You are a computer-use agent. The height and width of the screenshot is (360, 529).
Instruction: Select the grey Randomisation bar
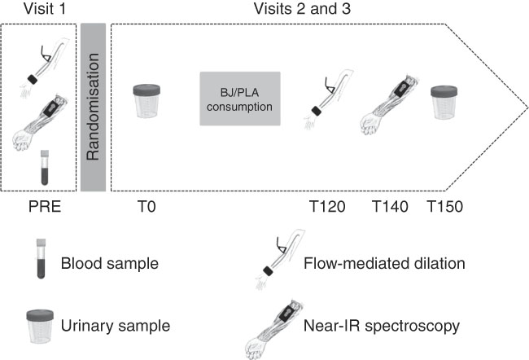(93, 107)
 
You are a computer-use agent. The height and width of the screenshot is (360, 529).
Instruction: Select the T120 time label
(326, 207)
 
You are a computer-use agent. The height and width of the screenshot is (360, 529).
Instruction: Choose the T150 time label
(445, 207)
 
